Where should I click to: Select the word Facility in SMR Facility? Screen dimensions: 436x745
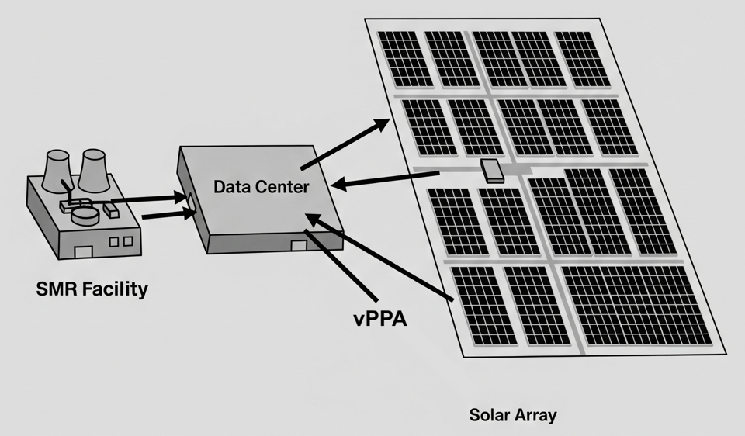(x=116, y=290)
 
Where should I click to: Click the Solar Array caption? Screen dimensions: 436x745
(x=513, y=415)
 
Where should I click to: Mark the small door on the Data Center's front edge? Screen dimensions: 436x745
(x=297, y=246)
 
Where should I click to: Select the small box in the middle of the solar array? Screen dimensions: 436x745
(x=492, y=170)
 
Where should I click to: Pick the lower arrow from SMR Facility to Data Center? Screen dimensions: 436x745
(x=167, y=216)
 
